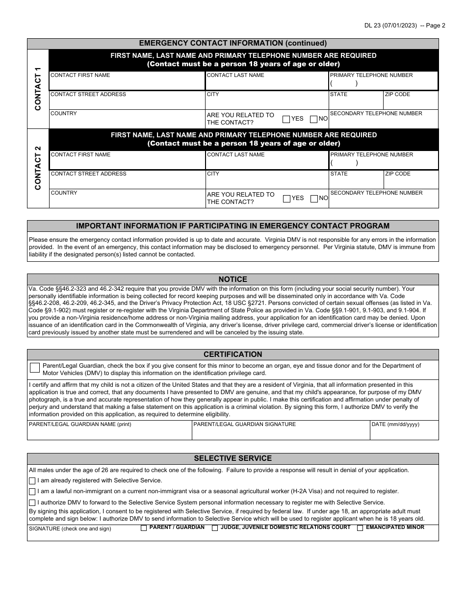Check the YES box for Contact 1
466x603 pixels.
click(x=286, y=119)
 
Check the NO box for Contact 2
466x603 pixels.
click(x=314, y=199)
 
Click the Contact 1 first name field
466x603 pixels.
click(x=127, y=84)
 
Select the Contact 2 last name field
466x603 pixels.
click(x=267, y=163)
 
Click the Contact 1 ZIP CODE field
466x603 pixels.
click(x=411, y=102)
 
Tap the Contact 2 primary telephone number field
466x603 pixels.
click(x=384, y=163)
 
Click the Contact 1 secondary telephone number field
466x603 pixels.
click(x=384, y=122)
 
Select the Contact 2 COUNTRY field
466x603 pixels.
click(x=127, y=201)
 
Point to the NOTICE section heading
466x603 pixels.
click(x=233, y=279)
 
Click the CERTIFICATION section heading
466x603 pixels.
click(x=233, y=354)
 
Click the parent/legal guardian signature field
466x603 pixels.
click(x=281, y=433)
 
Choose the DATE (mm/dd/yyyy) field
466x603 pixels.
click(x=404, y=433)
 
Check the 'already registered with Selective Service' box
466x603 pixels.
click(x=32, y=481)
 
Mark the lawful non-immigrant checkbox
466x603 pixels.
click(x=32, y=492)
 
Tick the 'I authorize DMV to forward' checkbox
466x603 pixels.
click(x=32, y=502)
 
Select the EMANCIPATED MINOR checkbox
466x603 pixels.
click(x=360, y=528)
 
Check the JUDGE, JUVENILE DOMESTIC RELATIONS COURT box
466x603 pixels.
click(x=215, y=528)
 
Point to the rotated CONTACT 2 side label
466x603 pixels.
click(x=38, y=168)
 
